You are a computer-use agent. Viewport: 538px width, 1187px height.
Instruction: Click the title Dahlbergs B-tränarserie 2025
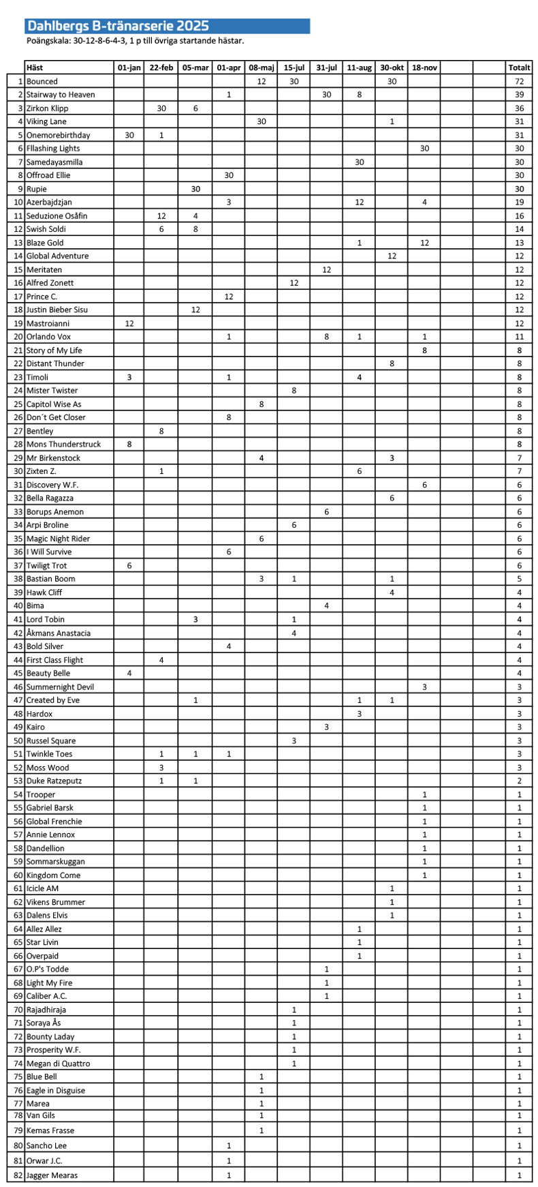117,27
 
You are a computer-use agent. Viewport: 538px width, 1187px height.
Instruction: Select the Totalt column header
519,67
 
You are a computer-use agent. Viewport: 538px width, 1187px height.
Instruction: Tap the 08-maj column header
262,67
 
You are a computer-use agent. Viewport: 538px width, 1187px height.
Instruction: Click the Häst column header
34,67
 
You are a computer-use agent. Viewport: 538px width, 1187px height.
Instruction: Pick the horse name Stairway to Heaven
61,95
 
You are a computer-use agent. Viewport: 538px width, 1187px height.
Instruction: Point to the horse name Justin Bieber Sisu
57,310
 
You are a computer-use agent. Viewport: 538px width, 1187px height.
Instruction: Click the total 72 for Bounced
519,81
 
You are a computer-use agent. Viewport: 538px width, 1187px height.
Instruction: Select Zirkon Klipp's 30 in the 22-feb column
161,108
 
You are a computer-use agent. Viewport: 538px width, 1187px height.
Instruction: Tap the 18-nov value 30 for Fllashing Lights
424,149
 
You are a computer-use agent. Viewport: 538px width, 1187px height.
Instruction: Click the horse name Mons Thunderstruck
63,445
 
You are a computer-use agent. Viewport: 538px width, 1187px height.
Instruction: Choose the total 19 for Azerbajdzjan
519,202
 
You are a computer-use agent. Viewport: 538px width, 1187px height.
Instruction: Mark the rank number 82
18,1175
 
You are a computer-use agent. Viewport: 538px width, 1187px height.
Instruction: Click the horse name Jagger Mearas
52,1175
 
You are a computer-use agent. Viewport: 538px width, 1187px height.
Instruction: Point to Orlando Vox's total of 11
519,337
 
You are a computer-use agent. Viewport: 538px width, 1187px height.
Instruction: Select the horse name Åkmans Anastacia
59,633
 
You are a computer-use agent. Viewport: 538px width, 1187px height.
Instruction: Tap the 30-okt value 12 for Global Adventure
392,256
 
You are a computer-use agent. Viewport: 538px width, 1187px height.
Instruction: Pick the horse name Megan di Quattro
58,1064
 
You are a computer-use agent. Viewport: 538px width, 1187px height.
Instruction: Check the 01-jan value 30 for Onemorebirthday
129,135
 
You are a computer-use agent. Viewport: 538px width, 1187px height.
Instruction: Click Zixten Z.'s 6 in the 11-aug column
359,471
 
